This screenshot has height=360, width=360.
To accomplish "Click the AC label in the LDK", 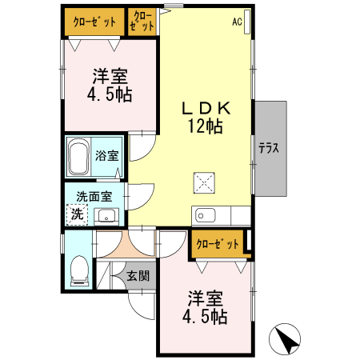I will [237, 22].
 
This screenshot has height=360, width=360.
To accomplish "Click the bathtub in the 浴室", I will [78, 158].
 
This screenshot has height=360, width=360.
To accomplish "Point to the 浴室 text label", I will [106, 154].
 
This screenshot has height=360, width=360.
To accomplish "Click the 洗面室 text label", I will [94, 196].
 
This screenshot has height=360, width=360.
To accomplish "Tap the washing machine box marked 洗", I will [77, 214].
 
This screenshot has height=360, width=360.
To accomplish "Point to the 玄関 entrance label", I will [138, 276].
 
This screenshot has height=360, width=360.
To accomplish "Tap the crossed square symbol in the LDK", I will [204, 183].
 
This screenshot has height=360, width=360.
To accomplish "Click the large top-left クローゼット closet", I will [94, 22].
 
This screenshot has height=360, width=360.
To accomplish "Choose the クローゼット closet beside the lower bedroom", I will [217, 244].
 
